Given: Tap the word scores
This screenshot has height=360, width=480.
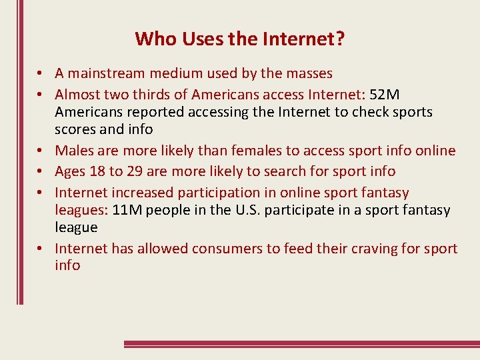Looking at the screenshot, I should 75,129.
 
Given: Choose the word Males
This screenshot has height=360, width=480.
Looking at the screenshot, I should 75,151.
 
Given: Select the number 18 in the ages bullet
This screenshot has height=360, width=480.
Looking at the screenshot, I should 97,172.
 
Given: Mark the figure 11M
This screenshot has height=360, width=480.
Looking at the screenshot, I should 127,211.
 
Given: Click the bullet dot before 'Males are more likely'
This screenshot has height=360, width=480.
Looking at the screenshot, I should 41,151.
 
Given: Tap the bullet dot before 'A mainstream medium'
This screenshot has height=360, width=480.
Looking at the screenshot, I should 41,74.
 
